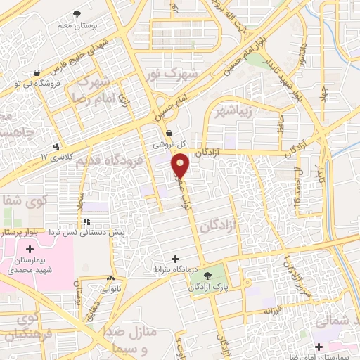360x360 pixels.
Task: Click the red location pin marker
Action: point(181,165)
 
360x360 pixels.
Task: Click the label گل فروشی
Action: point(170,145)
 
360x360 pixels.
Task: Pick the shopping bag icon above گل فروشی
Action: point(169,133)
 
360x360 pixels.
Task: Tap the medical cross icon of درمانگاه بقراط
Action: point(176,259)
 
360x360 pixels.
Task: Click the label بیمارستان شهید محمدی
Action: point(29,265)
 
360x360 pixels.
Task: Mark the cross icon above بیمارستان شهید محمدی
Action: point(29,249)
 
